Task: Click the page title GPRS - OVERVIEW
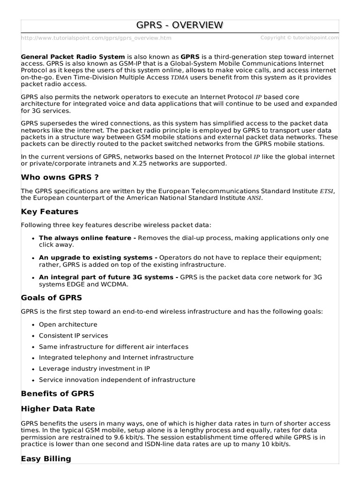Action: (x=180, y=25)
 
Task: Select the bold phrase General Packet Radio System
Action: (x=73, y=56)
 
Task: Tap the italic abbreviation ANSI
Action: (x=255, y=198)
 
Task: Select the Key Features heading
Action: (x=50, y=211)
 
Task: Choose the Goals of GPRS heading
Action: (x=52, y=297)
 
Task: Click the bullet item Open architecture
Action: (x=68, y=324)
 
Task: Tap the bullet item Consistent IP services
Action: (x=73, y=336)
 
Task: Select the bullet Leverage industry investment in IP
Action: (x=93, y=368)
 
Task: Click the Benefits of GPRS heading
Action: (x=58, y=393)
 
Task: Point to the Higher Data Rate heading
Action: (x=58, y=409)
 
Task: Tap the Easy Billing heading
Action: (x=46, y=458)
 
